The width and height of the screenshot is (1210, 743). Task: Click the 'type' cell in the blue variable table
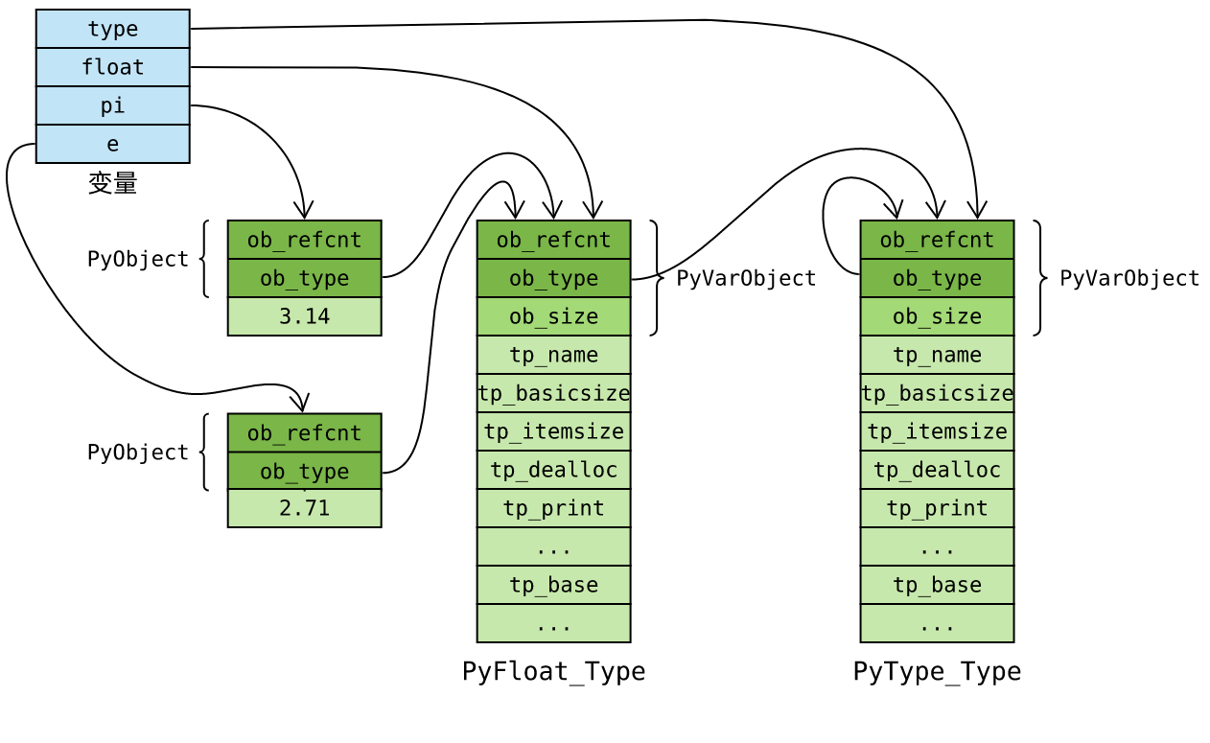pyautogui.click(x=112, y=29)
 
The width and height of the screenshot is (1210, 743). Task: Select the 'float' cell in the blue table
pyautogui.click(x=112, y=67)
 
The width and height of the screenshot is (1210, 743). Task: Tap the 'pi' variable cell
pyautogui.click(x=112, y=105)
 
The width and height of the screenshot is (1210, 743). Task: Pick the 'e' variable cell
pyautogui.click(x=112, y=144)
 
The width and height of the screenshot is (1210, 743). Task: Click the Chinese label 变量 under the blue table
pyautogui.click(x=112, y=183)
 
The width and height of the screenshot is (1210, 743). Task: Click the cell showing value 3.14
pyautogui.click(x=304, y=316)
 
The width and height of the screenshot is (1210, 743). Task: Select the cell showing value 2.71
pyautogui.click(x=304, y=508)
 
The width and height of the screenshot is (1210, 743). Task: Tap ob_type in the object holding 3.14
pyautogui.click(x=304, y=278)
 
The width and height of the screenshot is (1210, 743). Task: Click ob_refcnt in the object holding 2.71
pyautogui.click(x=304, y=432)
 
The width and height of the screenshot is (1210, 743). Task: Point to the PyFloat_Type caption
pyautogui.click(x=553, y=671)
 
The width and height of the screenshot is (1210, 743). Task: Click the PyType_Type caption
pyautogui.click(x=937, y=671)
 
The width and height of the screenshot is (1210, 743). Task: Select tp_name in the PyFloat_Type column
pyautogui.click(x=553, y=355)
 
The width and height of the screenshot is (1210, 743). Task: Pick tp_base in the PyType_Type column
pyautogui.click(x=937, y=585)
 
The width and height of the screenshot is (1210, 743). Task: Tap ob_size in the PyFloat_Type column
pyautogui.click(x=553, y=316)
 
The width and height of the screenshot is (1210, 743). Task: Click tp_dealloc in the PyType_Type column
pyautogui.click(x=937, y=470)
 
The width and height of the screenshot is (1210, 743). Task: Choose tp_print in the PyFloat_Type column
pyautogui.click(x=553, y=508)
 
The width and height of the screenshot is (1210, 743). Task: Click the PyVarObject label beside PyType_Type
pyautogui.click(x=1129, y=278)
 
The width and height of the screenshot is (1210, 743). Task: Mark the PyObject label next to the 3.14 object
pyautogui.click(x=138, y=259)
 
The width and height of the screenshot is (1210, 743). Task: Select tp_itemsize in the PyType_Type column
pyautogui.click(x=937, y=431)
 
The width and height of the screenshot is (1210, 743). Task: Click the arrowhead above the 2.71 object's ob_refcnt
pyautogui.click(x=301, y=404)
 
